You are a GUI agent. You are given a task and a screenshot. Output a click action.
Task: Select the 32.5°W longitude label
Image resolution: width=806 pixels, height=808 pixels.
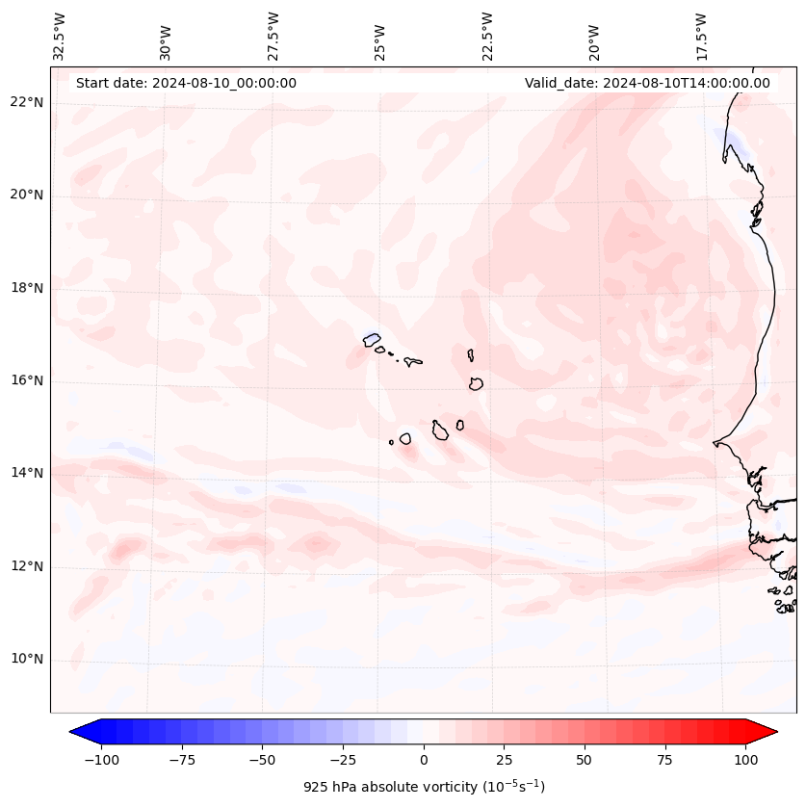click(x=60, y=37)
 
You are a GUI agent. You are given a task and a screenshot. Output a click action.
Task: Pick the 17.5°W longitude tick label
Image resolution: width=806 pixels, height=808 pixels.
click(x=701, y=37)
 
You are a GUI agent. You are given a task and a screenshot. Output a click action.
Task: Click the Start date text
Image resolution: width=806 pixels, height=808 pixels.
click(x=186, y=83)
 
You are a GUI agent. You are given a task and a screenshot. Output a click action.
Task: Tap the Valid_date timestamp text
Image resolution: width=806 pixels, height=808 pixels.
click(x=647, y=83)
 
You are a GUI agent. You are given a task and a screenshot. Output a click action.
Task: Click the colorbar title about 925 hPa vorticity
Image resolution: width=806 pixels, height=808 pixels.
click(x=424, y=787)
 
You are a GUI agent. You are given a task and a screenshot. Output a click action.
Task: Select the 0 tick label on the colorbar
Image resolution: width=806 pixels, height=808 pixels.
click(x=424, y=760)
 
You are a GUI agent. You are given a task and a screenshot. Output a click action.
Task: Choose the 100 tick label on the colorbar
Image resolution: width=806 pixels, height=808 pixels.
click(x=746, y=760)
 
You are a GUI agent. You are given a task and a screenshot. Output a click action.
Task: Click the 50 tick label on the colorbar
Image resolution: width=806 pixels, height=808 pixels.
click(x=585, y=760)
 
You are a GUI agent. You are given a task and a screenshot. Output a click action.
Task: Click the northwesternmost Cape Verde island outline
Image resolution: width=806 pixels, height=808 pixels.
click(x=372, y=339)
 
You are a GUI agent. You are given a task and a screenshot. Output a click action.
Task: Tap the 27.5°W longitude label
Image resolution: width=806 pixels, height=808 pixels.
click(x=273, y=37)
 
